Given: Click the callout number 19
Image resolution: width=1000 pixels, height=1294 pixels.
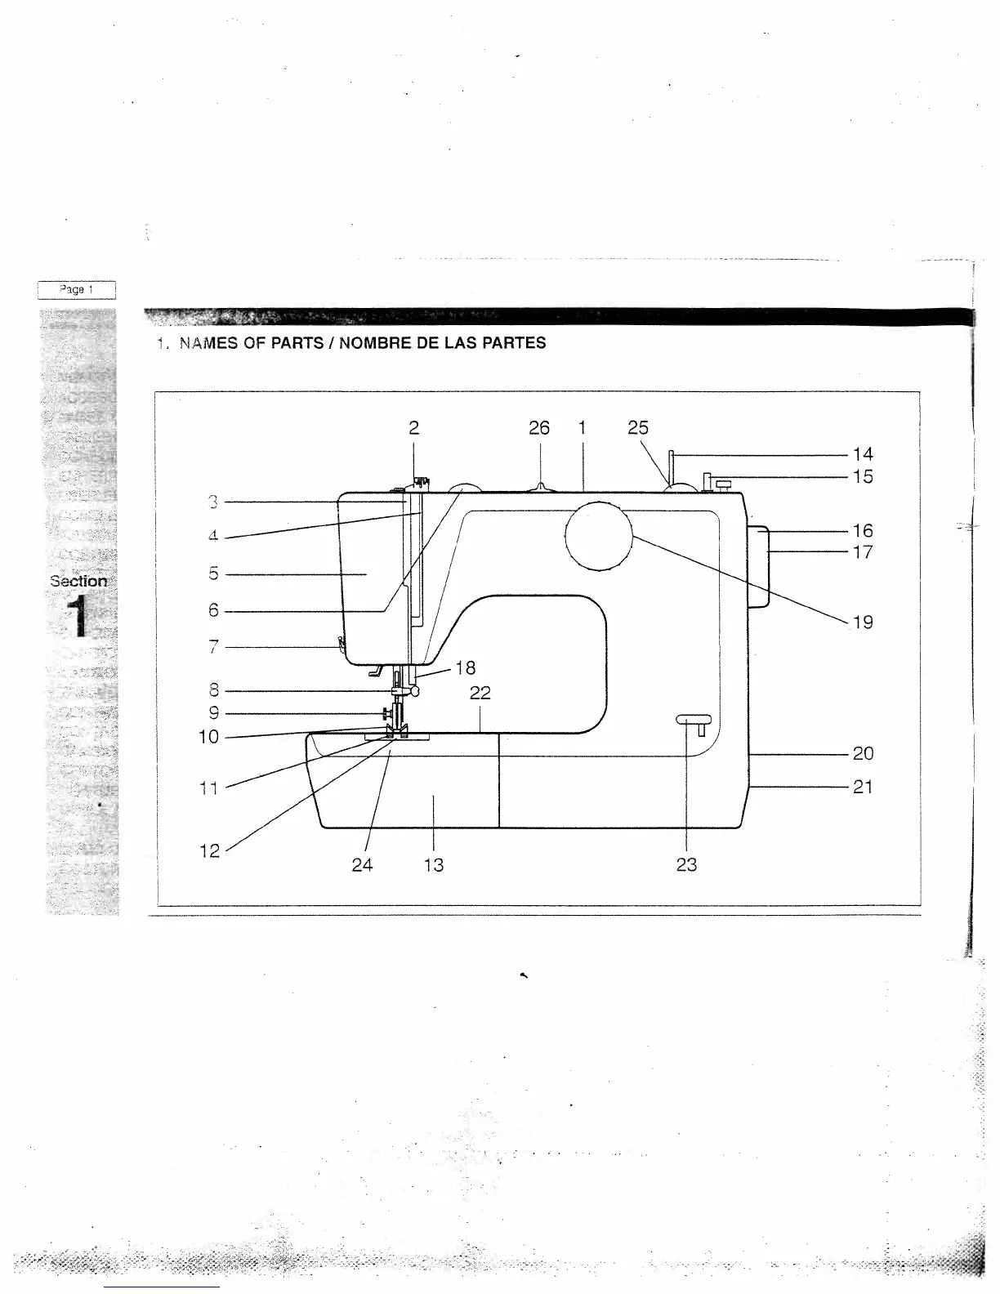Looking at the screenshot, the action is tap(863, 622).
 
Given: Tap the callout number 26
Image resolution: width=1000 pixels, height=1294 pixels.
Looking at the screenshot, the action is tap(539, 428).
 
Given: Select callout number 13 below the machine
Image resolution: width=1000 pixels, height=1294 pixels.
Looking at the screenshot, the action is tap(434, 865).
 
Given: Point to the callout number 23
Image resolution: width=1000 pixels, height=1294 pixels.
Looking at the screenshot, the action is tap(686, 865).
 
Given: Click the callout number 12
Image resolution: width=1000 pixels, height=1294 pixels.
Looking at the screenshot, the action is tap(210, 851).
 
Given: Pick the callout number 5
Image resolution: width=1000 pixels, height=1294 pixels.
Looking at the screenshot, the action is tap(213, 574).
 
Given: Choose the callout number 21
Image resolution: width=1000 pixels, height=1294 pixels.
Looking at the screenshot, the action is tap(863, 788).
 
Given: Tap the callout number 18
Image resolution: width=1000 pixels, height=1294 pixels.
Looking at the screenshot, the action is tap(465, 668).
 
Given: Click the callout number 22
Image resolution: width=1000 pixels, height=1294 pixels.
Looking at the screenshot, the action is tap(480, 694).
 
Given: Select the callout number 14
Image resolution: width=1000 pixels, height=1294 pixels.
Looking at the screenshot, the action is tap(863, 454).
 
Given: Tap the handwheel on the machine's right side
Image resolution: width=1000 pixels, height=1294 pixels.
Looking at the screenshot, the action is tap(759, 567).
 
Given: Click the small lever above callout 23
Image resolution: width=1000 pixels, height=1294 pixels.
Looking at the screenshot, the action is tap(694, 720).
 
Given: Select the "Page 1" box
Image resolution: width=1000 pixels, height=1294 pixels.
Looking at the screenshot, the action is tap(77, 289).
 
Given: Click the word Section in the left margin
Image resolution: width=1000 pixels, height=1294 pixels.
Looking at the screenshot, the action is tap(78, 582).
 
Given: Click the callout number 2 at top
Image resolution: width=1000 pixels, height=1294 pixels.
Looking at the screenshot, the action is tap(414, 428).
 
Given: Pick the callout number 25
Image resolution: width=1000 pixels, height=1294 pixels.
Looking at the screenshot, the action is tap(638, 428).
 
